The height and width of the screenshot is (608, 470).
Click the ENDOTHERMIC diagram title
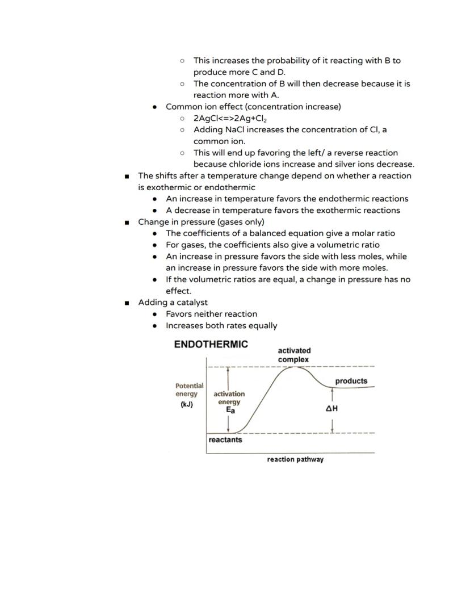tap(211, 345)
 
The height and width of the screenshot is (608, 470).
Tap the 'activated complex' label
tap(293, 355)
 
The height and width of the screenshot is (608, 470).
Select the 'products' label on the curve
tap(351, 381)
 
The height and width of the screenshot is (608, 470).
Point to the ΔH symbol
tap(332, 408)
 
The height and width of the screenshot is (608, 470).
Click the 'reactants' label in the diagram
tap(225, 440)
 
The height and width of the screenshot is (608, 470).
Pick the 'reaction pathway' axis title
tap(295, 459)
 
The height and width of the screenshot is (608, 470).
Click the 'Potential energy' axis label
tap(189, 389)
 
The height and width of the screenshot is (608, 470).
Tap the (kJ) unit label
tap(187, 405)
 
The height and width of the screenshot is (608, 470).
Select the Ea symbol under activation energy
tap(230, 410)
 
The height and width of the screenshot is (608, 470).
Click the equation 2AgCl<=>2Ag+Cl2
tap(230, 118)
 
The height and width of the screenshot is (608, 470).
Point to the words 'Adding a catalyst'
tap(173, 303)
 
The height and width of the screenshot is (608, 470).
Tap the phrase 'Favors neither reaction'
tap(211, 314)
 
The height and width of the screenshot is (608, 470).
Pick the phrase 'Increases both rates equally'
tap(221, 326)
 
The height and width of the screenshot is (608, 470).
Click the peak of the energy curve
tap(293, 367)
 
